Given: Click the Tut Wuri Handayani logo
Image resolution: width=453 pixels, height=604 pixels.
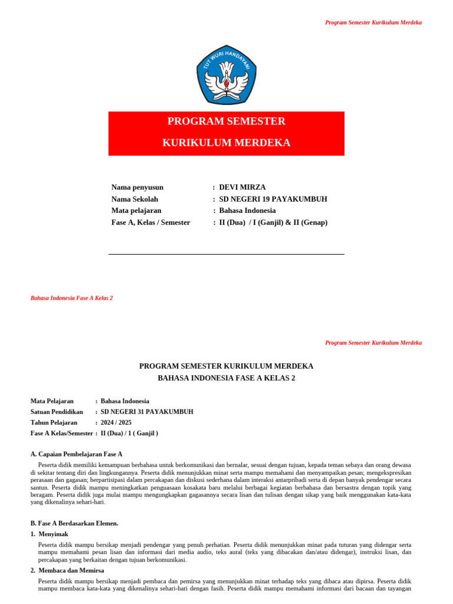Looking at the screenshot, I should coord(226,74).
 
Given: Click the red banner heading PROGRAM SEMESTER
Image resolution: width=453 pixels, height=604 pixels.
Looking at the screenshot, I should coord(226,122).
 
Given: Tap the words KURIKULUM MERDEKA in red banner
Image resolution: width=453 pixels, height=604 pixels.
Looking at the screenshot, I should coord(226,143).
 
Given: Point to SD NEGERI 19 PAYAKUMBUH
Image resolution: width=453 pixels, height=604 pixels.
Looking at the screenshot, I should coord(273,199).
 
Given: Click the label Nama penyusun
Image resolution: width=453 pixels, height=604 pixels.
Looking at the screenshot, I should coord(137,188).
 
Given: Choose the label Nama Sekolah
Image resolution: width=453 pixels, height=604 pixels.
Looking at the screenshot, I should coord(134,199).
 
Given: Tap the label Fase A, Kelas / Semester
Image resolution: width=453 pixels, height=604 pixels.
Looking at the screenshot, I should coord(150,222).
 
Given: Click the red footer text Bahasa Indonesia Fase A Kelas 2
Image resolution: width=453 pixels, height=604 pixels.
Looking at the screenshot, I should coord(71,298).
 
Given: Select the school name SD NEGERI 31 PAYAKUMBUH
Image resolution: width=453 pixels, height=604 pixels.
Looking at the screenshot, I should coord(147,412).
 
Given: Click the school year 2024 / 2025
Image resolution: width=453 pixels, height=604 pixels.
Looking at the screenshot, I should coord(116,422).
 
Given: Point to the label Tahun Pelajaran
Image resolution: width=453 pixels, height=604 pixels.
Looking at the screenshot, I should coord(54,422).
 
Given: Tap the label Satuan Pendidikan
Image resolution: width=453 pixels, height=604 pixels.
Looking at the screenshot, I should coord(57,412).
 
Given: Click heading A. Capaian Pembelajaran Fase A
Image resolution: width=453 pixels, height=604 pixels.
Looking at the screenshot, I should coord(76,454).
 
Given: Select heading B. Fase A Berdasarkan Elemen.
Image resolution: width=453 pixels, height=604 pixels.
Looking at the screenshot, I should coord(74,523).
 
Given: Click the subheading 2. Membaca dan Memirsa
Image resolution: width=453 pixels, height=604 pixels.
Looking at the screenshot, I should coord(67,570).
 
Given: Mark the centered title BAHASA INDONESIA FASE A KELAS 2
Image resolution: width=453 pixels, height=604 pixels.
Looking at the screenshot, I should coord(226,378).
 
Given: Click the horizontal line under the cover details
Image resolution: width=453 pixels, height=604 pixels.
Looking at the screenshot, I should coord(226,255).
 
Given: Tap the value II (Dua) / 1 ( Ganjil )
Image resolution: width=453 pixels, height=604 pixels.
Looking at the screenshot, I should coord(129,433).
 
